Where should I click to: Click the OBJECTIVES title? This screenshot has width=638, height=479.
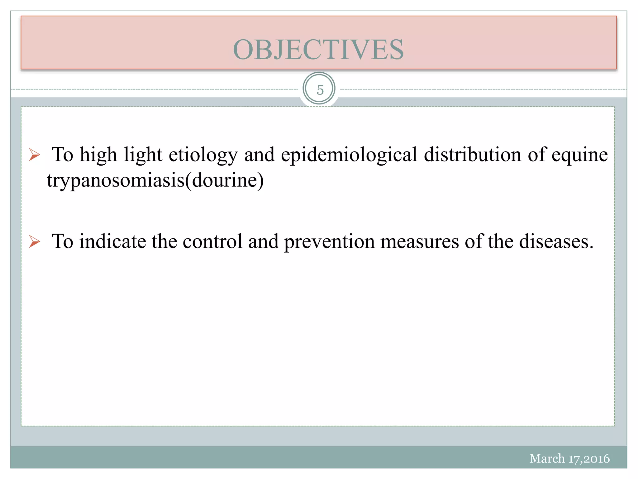[318, 50]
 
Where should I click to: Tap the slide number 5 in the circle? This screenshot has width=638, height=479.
[320, 90]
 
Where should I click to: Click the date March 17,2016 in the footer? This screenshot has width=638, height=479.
[569, 458]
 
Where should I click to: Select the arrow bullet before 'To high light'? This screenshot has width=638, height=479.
[35, 155]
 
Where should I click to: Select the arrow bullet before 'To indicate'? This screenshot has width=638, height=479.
[35, 242]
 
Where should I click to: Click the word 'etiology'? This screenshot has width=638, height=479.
[203, 155]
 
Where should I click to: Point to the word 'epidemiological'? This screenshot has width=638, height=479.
[349, 155]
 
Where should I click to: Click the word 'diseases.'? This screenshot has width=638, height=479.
[556, 241]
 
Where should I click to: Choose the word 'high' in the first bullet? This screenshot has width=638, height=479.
[98, 155]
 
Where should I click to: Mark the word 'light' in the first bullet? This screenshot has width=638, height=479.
[143, 155]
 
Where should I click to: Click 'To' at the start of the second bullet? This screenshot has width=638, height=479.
[63, 241]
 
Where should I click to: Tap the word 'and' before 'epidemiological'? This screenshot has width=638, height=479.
[259, 155]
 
